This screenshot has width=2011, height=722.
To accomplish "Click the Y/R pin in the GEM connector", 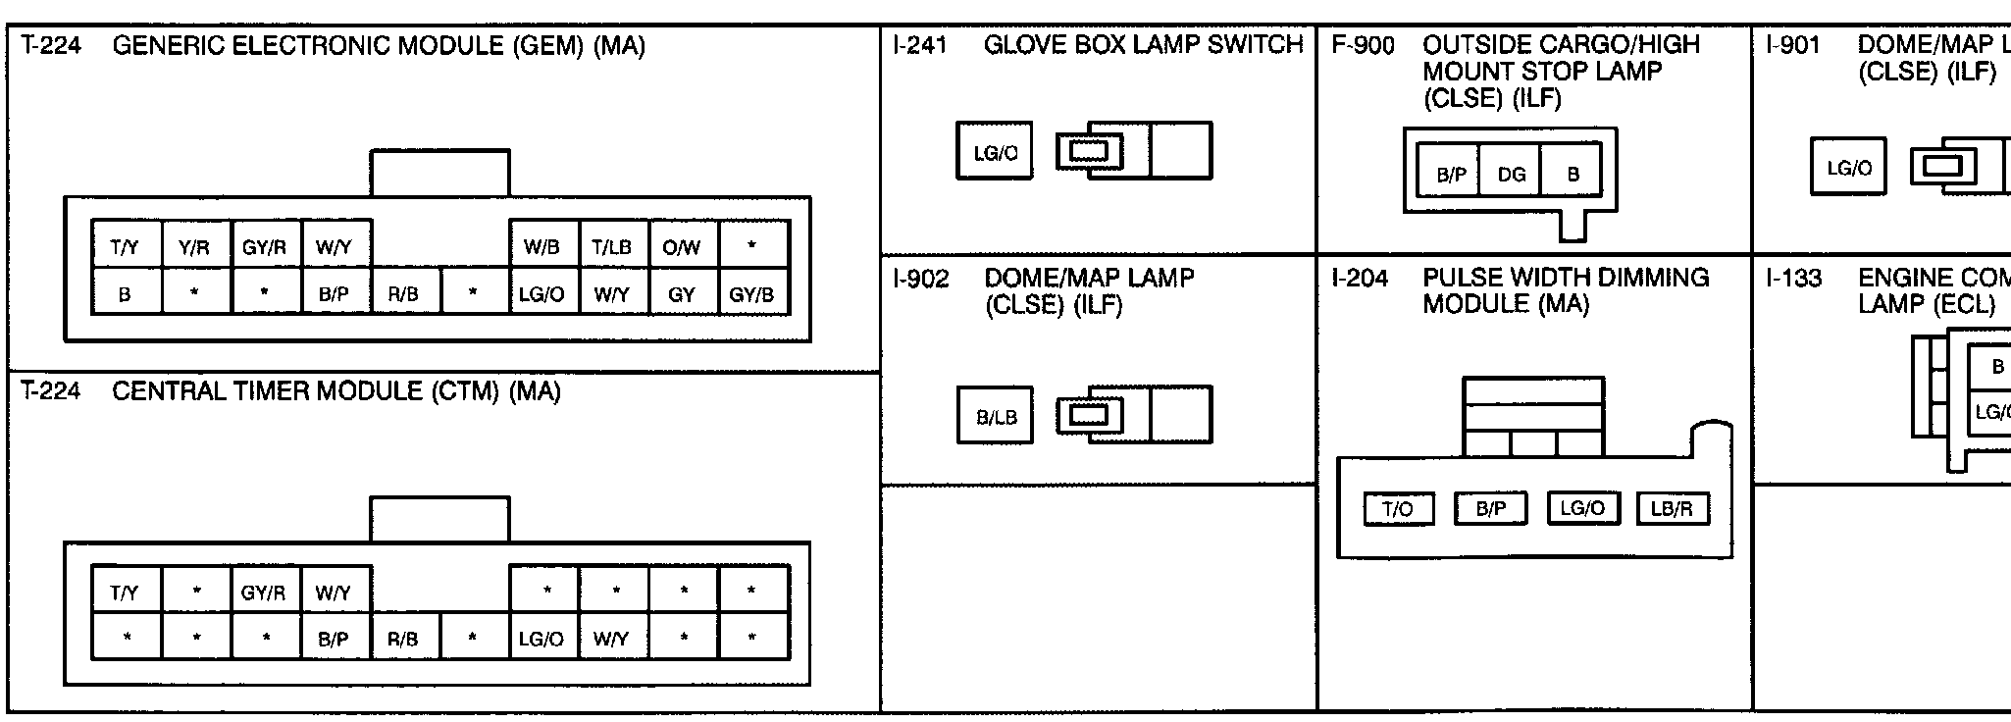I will pos(194,248).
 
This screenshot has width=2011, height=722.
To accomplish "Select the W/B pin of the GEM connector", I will pos(541,248).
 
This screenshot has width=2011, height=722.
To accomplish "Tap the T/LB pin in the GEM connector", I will pos(611,248).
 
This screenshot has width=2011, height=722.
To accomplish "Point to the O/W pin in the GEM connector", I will pos(682,248).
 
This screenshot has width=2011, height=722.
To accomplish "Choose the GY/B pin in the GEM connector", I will pos(751,294).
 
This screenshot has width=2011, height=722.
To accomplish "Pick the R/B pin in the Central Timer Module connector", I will pos(402,640).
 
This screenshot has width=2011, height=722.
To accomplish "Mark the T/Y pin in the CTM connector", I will pos(125,593).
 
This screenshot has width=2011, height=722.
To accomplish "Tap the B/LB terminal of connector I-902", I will pos(996,418).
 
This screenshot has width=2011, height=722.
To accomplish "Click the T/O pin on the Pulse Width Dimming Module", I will pos(1398,509).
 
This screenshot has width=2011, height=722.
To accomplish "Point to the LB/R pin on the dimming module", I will pos(1672,509).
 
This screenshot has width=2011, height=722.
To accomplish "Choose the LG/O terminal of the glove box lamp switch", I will pos(996,153).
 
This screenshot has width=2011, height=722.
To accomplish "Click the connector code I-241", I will pos(920,45).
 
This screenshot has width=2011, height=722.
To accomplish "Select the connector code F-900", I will pos(1363,45).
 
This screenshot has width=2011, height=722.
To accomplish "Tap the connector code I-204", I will pos(1360,279).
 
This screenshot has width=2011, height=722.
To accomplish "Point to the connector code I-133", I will pos(1793,279).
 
